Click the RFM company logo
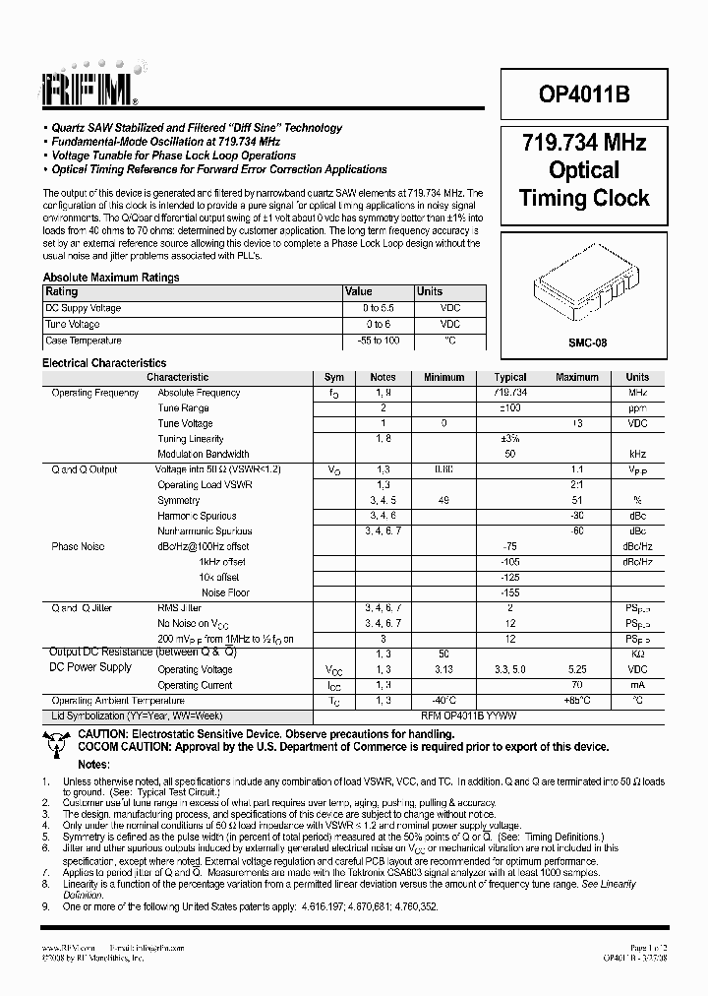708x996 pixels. point(91,91)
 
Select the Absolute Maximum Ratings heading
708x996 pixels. point(111,278)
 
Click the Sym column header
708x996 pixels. point(334,377)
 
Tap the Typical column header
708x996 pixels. point(510,377)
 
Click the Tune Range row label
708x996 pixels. point(183,407)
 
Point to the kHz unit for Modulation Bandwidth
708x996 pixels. point(637,454)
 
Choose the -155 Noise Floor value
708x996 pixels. point(510,592)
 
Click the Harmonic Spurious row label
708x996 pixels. point(197,516)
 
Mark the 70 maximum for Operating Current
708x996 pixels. point(576,685)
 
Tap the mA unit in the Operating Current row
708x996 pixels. point(637,685)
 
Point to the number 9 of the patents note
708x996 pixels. point(45,905)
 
